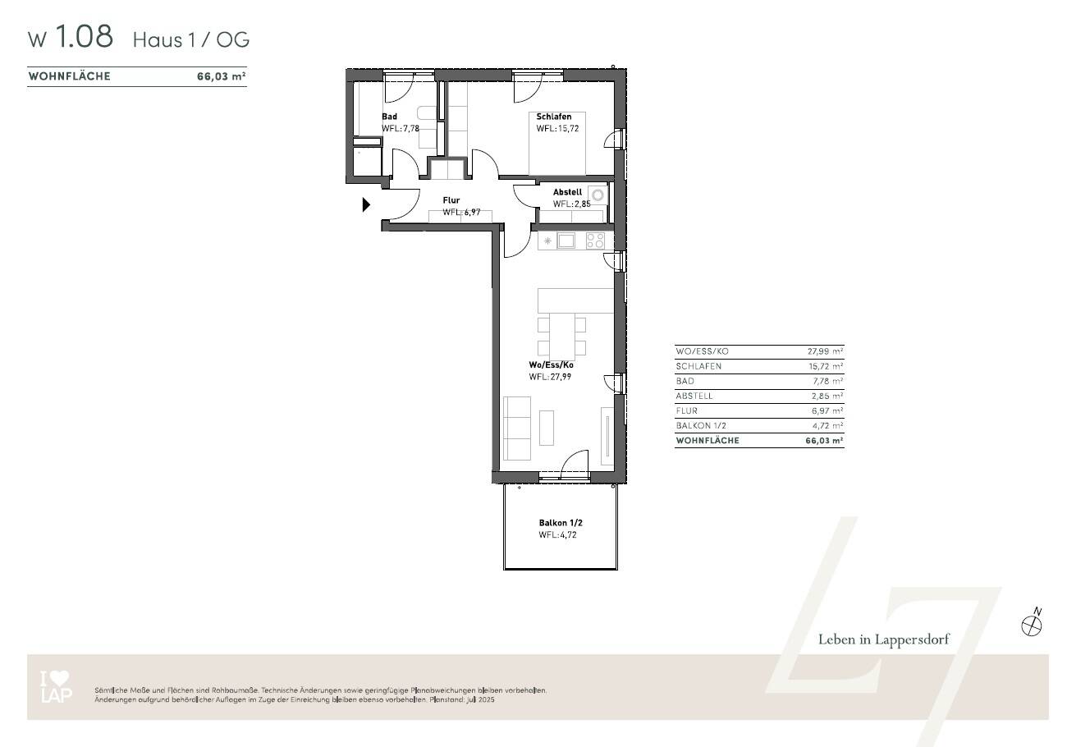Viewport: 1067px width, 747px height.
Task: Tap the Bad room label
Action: pos(389,117)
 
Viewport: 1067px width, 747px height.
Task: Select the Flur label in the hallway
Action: pos(451,200)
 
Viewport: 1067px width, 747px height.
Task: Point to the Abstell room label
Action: pos(567,193)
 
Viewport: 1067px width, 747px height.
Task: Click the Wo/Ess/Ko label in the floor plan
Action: pos(551,365)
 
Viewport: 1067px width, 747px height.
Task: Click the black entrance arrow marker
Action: pos(366,205)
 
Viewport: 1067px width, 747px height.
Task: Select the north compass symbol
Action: pos(1031,625)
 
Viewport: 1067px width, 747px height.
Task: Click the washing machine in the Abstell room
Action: pos(599,195)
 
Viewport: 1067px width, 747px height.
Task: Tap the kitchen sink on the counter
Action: pos(566,241)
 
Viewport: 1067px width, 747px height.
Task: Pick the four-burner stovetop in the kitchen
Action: pos(595,241)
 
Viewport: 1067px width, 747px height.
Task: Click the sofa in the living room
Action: pos(516,428)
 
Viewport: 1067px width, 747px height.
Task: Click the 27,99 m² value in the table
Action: pos(826,351)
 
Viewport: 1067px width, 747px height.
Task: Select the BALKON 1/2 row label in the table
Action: pos(701,426)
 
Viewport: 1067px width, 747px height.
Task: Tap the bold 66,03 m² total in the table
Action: pos(824,441)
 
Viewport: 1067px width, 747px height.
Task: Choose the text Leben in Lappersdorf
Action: pos(883,640)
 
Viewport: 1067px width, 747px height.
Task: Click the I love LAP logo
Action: pos(56,687)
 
